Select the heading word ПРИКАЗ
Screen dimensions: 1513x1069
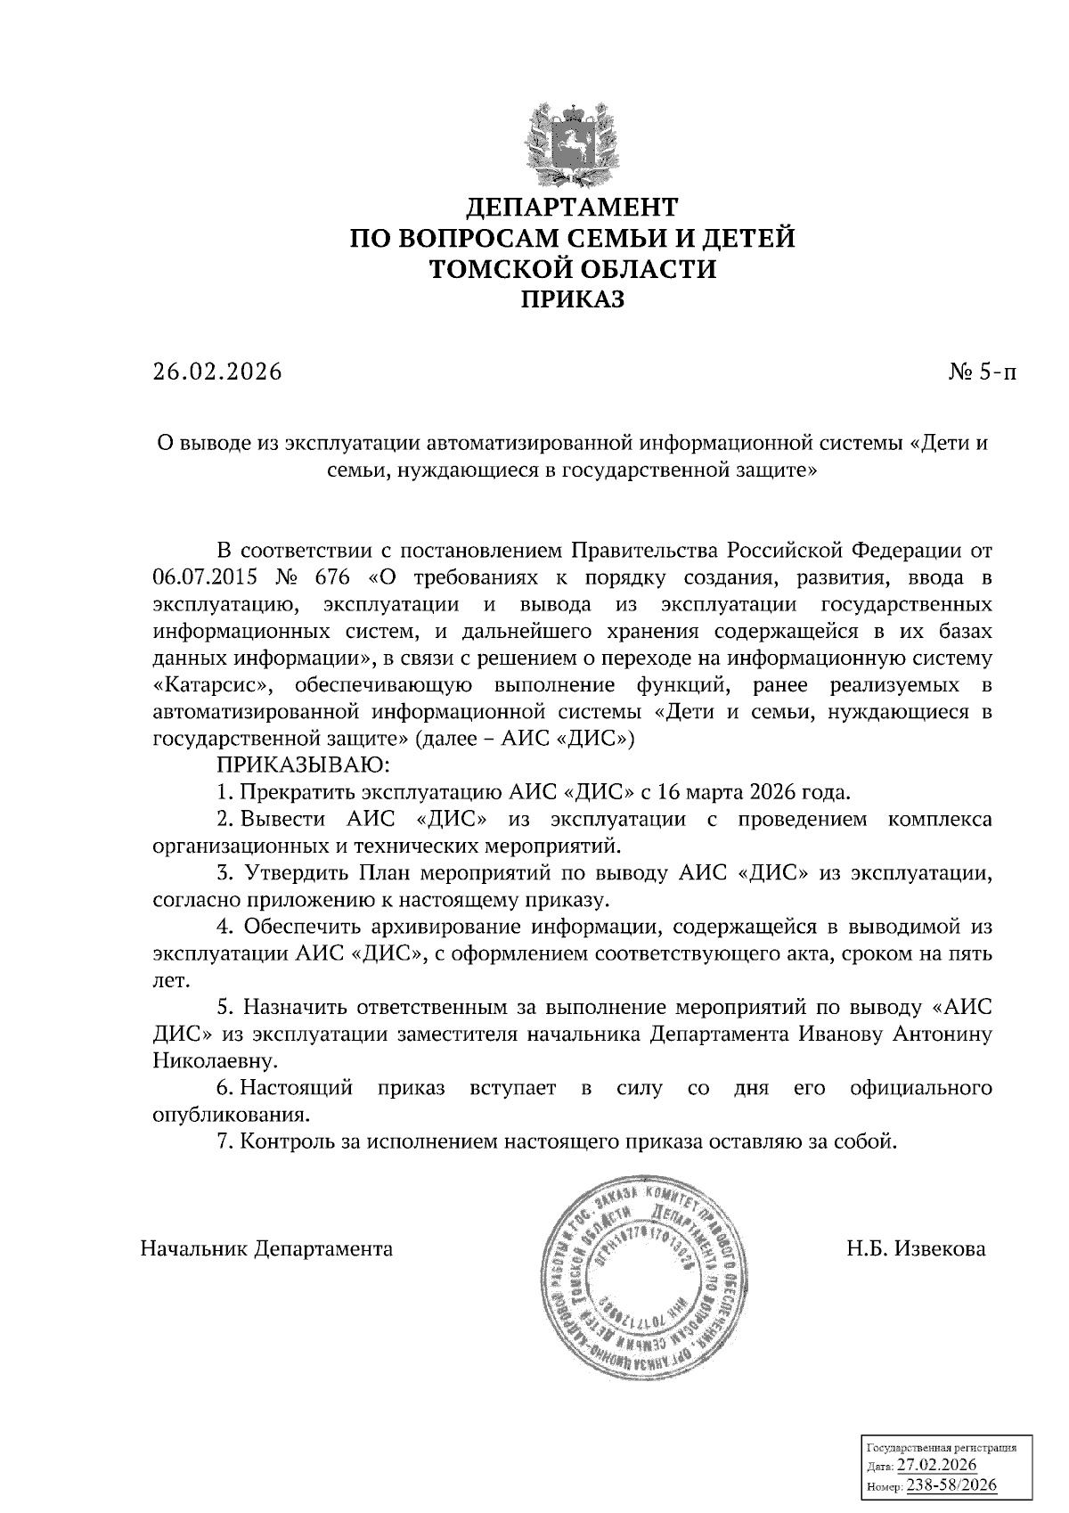[573, 300]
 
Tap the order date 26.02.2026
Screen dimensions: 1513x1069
[216, 372]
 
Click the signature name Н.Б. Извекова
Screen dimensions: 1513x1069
[917, 1249]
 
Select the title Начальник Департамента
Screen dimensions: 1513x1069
[266, 1249]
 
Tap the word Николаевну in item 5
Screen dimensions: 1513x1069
[208, 1061]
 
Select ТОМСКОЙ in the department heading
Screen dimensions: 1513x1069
[496, 270]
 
